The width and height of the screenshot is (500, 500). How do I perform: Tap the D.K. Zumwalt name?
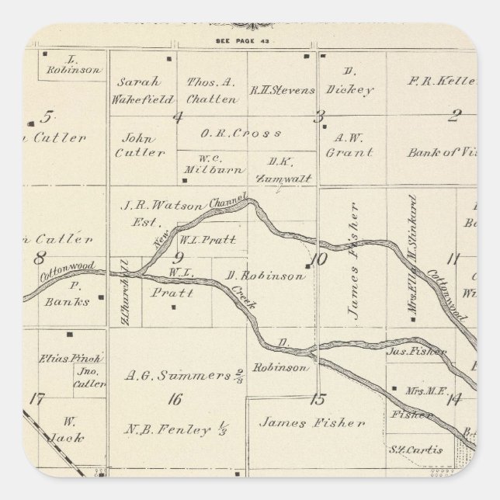[x=278, y=170]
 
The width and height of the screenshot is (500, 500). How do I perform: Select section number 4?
[x=178, y=117]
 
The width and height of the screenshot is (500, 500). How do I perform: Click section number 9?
[x=178, y=258]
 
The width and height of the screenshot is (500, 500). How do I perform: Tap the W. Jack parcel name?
[x=70, y=428]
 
